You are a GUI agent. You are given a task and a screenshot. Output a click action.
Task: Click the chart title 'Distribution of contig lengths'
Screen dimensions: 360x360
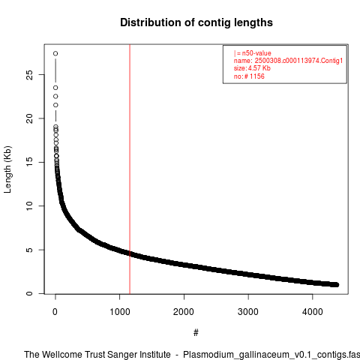click(x=196, y=22)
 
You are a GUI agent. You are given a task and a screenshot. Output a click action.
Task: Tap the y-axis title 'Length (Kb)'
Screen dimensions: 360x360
click(x=7, y=169)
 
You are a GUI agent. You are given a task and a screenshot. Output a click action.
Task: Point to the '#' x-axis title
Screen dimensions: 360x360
click(x=196, y=332)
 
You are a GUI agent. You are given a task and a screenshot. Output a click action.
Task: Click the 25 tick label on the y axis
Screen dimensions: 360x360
click(x=29, y=75)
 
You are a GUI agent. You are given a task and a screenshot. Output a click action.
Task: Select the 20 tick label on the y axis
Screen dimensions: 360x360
click(x=29, y=118)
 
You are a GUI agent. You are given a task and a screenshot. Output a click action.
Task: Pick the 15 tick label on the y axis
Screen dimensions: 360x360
click(x=29, y=162)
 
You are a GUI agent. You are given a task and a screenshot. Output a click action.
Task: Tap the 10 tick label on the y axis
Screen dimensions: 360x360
click(x=29, y=206)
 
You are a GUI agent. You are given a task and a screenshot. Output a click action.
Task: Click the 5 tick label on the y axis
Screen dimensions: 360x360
click(x=29, y=250)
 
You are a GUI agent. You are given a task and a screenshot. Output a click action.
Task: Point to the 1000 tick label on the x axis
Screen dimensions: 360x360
click(x=120, y=312)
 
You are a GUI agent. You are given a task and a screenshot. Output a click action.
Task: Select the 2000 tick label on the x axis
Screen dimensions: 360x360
click(x=184, y=312)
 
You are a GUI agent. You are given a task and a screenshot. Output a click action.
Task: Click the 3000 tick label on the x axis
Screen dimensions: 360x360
click(x=248, y=312)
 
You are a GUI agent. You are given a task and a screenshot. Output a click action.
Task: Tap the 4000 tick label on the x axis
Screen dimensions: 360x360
click(x=313, y=312)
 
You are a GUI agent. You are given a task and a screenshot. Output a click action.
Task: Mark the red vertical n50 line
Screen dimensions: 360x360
click(x=130, y=169)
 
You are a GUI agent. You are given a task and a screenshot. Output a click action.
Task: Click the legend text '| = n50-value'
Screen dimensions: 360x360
click(x=253, y=53)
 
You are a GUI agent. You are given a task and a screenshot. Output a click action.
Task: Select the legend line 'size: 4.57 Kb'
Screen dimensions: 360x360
click(x=252, y=68)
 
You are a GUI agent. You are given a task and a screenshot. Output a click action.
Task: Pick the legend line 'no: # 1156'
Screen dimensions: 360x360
click(x=249, y=76)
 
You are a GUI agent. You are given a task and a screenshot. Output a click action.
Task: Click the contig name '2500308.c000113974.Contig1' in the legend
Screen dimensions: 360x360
click(x=298, y=61)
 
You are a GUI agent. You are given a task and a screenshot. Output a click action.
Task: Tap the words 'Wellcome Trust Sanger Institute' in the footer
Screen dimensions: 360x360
click(x=106, y=355)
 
